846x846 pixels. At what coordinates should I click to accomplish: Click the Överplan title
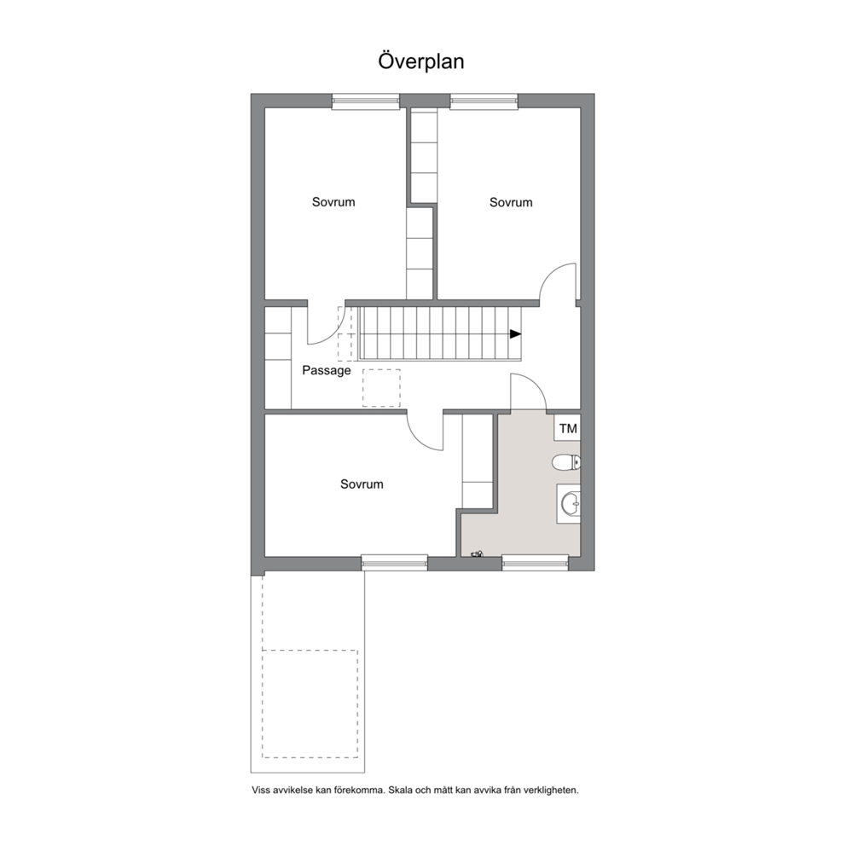point(420,61)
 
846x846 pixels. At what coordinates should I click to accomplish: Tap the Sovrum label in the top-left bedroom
point(333,202)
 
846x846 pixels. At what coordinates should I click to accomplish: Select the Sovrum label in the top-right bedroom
point(511,202)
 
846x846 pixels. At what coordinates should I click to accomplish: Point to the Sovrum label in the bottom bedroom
point(362,484)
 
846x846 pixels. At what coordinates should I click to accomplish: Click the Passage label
point(327,371)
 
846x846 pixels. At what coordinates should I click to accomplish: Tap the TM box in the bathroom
point(568,428)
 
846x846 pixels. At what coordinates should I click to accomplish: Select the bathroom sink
point(569,504)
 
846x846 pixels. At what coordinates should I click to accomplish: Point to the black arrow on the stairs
point(516,334)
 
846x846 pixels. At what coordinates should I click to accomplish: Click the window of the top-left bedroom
point(366,101)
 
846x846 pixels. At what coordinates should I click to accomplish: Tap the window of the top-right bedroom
point(484,101)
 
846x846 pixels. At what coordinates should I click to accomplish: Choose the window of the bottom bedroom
point(394,563)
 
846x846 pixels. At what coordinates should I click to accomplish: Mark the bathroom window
point(536,563)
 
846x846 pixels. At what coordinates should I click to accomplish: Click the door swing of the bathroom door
point(536,384)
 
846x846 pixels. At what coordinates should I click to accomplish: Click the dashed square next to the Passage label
point(381,388)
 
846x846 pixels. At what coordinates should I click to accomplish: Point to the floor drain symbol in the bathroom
point(477,553)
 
